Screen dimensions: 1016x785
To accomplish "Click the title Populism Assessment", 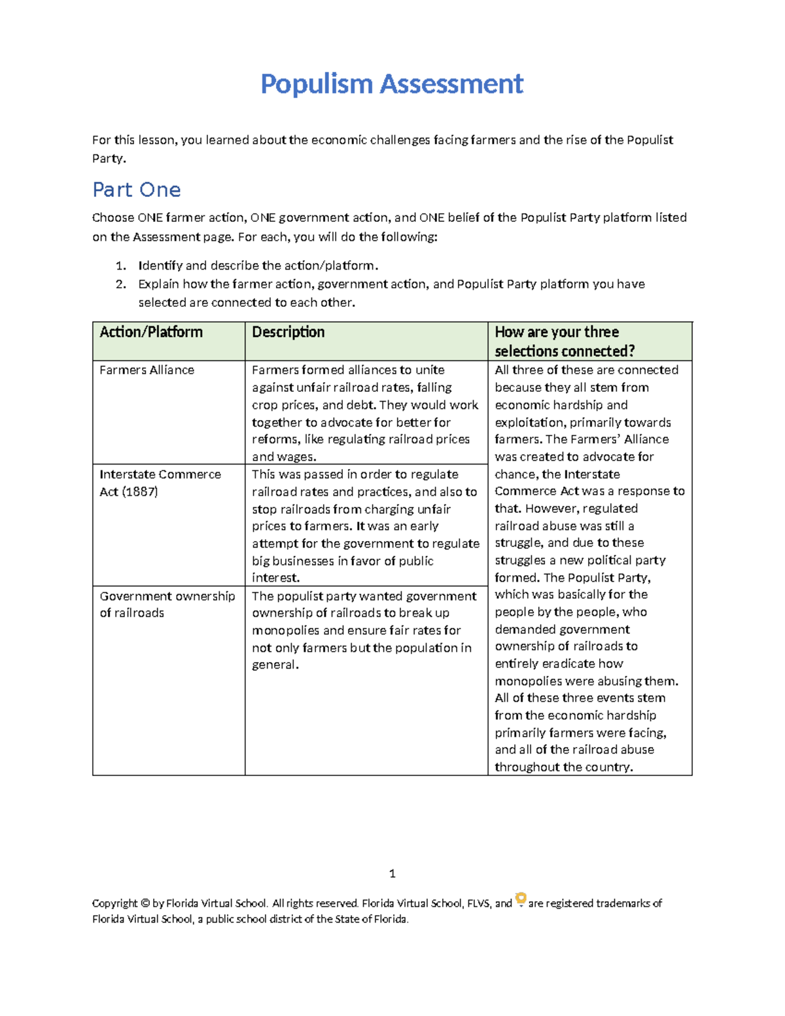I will [x=392, y=84].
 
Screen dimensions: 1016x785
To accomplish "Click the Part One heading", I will [x=137, y=190].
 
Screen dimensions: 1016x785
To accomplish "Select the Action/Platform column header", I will [x=151, y=332].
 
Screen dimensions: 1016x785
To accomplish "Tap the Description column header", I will [x=288, y=332].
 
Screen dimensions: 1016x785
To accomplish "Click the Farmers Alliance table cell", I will [x=147, y=370].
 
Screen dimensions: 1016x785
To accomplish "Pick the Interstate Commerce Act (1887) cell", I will [x=160, y=483].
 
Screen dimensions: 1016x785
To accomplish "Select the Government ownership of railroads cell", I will [x=167, y=604].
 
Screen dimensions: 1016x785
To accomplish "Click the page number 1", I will [x=392, y=874].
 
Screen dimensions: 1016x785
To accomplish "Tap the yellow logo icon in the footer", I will [x=521, y=899].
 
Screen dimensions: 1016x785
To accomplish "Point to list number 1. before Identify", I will [x=120, y=266].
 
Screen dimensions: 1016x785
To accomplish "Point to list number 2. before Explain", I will [x=120, y=284].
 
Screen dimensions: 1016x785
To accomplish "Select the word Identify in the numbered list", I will [x=160, y=266].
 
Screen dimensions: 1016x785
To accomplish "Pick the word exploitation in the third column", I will [x=529, y=423].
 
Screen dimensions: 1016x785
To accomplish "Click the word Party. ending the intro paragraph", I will [x=109, y=158].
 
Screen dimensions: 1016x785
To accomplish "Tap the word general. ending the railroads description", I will [x=275, y=665].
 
